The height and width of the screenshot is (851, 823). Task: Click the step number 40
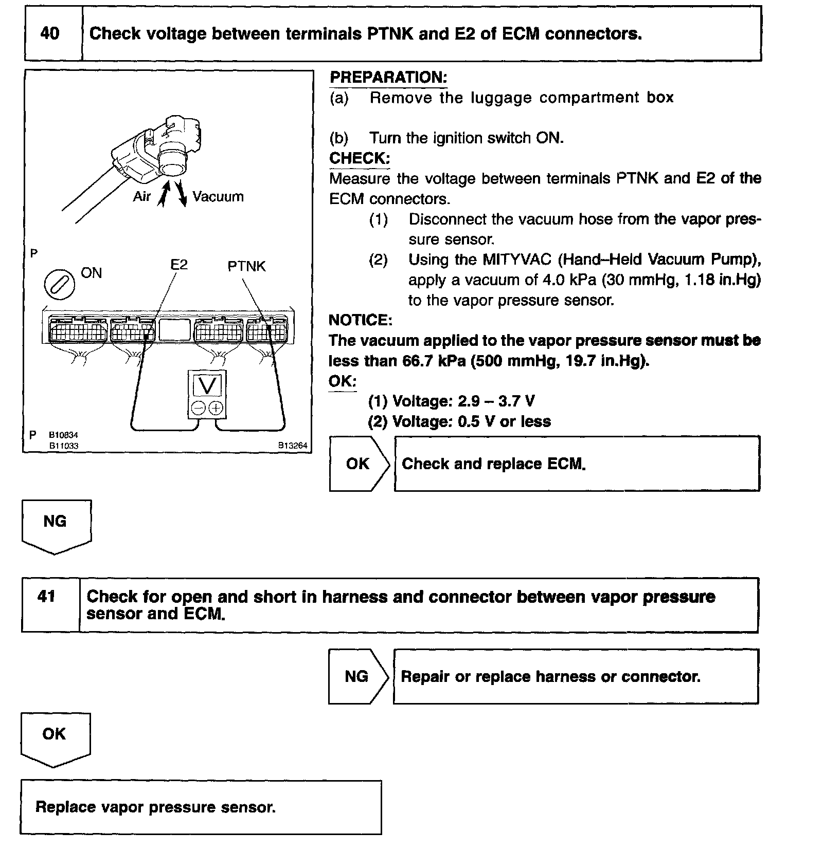[x=50, y=34]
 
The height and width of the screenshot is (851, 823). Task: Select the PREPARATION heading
[x=388, y=78]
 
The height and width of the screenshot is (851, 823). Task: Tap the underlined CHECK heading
[x=360, y=158]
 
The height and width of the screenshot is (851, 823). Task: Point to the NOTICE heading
[x=360, y=320]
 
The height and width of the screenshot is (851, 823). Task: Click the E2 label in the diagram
[x=179, y=265]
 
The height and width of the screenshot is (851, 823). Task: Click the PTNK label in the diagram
[x=246, y=266]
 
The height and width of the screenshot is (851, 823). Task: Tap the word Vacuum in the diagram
[x=218, y=197]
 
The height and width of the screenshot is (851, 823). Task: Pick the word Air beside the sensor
[x=142, y=197]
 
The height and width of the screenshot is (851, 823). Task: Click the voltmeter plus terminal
[x=216, y=408]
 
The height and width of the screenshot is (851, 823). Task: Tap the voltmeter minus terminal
[x=198, y=408]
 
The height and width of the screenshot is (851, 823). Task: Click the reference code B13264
[x=293, y=446]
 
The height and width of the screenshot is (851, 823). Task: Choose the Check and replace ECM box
[x=576, y=464]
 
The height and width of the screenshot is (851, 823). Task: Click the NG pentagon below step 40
[x=56, y=524]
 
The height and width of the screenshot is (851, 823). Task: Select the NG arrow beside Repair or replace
[x=357, y=676]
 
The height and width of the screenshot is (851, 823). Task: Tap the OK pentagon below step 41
[x=55, y=737]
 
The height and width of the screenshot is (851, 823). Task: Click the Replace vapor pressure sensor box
[x=201, y=807]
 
